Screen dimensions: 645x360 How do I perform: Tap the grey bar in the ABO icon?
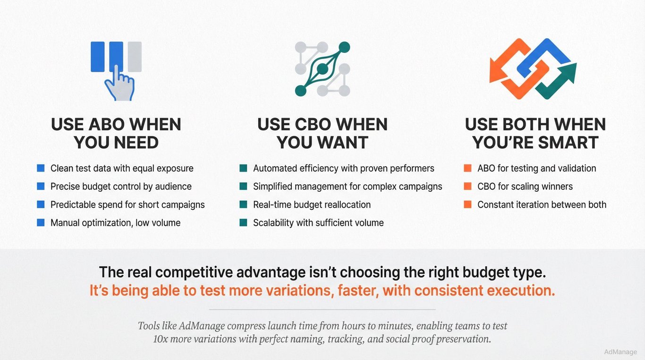[135, 57]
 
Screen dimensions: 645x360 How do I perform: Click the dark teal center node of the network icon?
[322, 69]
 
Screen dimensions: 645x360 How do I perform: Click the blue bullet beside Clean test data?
[41, 168]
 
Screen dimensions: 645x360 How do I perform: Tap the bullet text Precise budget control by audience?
[121, 187]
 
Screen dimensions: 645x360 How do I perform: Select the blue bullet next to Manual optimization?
[41, 223]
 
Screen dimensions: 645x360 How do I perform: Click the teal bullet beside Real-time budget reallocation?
[243, 205]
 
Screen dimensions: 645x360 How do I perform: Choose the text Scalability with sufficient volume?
[318, 223]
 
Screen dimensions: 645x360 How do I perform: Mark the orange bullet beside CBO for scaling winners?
[467, 186]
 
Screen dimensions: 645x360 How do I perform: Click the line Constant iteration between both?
[542, 205]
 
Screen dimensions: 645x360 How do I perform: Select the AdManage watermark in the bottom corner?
[620, 352]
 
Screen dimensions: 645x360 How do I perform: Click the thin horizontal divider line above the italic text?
[322, 309]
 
